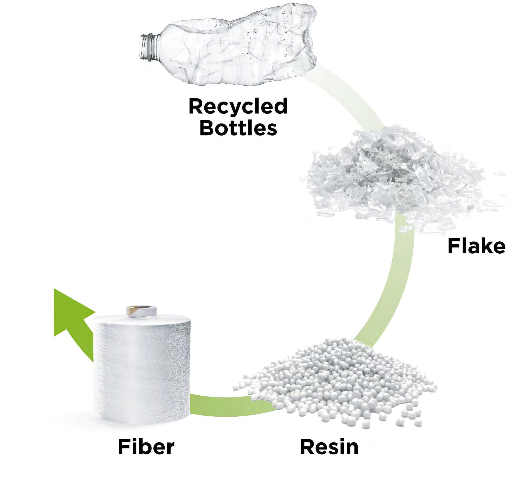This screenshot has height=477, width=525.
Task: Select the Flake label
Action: point(476,246)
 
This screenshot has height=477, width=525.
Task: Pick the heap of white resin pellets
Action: point(335,388)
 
